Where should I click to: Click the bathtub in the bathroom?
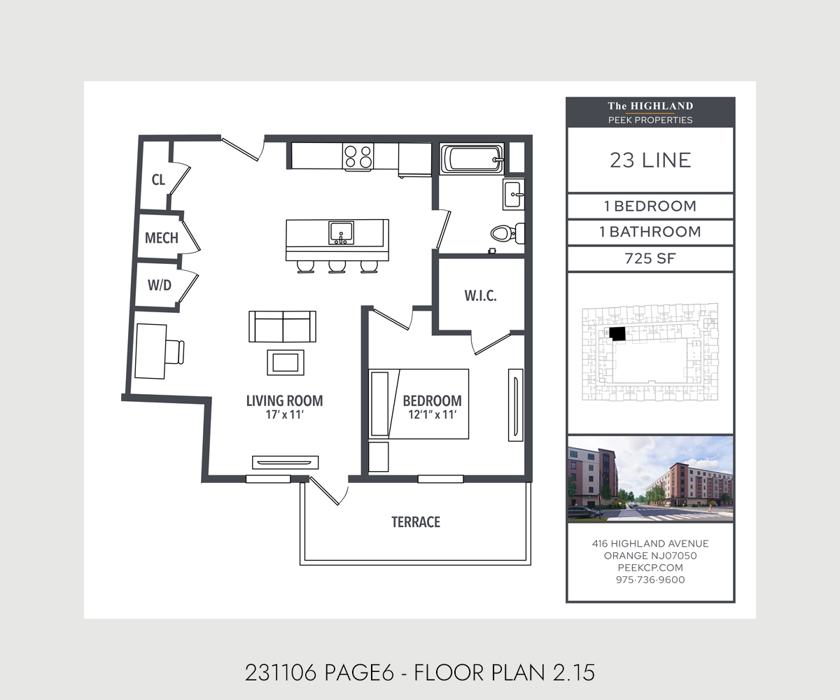pyautogui.click(x=472, y=158)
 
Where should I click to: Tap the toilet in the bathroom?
pyautogui.click(x=504, y=232)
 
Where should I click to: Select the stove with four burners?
pyautogui.click(x=358, y=156)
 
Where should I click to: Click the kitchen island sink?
pyautogui.click(x=341, y=232)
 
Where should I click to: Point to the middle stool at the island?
pyautogui.click(x=337, y=266)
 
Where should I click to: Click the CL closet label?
pyautogui.click(x=159, y=180)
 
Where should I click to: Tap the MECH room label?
pyautogui.click(x=161, y=238)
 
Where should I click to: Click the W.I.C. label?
pyautogui.click(x=480, y=295)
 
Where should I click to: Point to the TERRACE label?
pyautogui.click(x=416, y=522)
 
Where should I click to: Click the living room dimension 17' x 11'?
pyautogui.click(x=284, y=414)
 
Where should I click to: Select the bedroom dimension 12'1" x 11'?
pyautogui.click(x=432, y=414)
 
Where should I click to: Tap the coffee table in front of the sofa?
pyautogui.click(x=286, y=362)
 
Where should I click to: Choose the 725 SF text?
pyautogui.click(x=650, y=258)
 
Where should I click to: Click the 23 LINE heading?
pyautogui.click(x=650, y=160)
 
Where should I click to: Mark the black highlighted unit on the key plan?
pyautogui.click(x=617, y=334)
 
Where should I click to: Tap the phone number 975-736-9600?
pyautogui.click(x=650, y=580)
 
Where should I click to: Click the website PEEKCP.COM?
pyautogui.click(x=650, y=568)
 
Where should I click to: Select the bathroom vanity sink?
pyautogui.click(x=513, y=192)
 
